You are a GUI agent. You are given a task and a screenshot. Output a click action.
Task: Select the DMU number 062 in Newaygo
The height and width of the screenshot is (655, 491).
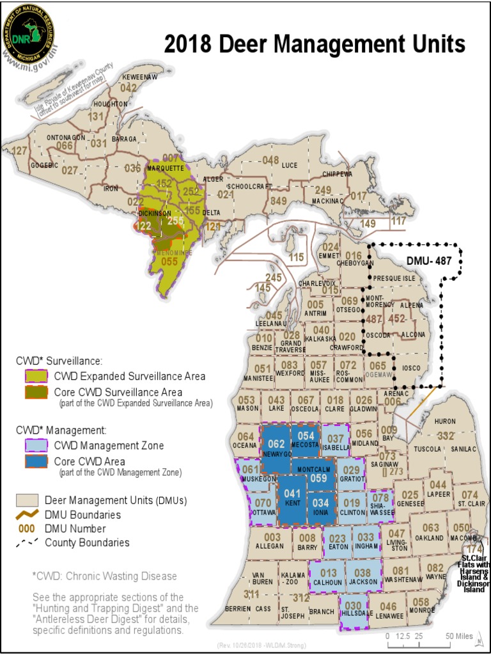pyautogui.click(x=276, y=443)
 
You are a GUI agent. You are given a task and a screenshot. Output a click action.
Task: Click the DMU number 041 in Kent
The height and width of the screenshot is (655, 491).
pyautogui.click(x=292, y=493)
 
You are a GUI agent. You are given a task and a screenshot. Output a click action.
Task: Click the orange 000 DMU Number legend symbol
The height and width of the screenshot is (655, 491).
pyautogui.click(x=26, y=529)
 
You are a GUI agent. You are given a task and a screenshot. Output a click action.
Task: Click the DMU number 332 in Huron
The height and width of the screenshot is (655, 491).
pyautogui.click(x=446, y=436)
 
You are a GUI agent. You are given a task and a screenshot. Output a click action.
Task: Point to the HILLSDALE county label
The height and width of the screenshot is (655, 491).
pyautogui.click(x=359, y=612)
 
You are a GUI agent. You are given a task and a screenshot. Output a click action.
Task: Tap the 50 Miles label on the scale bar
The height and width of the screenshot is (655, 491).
pyautogui.click(x=459, y=636)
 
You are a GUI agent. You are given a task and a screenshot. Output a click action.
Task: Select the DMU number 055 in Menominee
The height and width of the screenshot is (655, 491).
pyautogui.click(x=169, y=261)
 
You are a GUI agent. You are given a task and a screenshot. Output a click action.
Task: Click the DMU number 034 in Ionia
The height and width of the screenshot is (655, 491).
pyautogui.click(x=321, y=502)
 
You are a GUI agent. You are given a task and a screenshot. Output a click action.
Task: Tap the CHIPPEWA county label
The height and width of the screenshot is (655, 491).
pyautogui.click(x=337, y=174)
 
